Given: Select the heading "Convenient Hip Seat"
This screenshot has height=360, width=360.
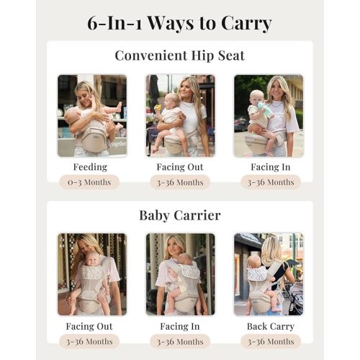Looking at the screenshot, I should pyautogui.click(x=179, y=56).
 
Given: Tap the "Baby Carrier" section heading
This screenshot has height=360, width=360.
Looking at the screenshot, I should pyautogui.click(x=179, y=215).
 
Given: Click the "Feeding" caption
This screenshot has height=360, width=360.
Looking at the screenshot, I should pyautogui.click(x=90, y=167).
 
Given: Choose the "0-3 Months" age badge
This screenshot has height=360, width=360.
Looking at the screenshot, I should pyautogui.click(x=90, y=182).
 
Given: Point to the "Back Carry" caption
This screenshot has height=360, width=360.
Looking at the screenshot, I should pyautogui.click(x=270, y=325).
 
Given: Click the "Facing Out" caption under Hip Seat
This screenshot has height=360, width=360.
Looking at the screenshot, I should pyautogui.click(x=179, y=167).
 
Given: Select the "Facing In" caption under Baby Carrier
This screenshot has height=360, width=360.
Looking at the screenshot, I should pyautogui.click(x=179, y=325).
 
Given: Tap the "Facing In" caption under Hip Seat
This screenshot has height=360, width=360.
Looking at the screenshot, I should pyautogui.click(x=270, y=167).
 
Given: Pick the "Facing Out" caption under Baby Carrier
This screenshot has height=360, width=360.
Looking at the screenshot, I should pyautogui.click(x=90, y=325).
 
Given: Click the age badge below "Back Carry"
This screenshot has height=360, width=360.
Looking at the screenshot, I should pyautogui.click(x=270, y=341).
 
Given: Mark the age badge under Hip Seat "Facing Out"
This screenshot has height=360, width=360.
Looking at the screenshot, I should pyautogui.click(x=179, y=182).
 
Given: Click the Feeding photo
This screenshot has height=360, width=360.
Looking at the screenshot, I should pyautogui.click(x=91, y=115).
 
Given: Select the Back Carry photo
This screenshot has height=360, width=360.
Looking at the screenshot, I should pyautogui.click(x=269, y=274).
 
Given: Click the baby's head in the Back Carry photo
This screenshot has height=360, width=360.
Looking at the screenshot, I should pyautogui.click(x=256, y=262).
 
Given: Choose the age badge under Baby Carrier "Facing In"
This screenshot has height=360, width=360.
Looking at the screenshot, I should pyautogui.click(x=179, y=341).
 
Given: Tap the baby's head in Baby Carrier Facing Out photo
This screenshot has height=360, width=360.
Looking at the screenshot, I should pyautogui.click(x=90, y=261).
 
